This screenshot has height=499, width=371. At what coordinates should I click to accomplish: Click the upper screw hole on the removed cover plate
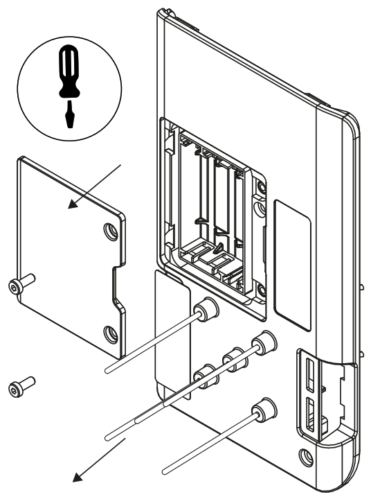(109, 230)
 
